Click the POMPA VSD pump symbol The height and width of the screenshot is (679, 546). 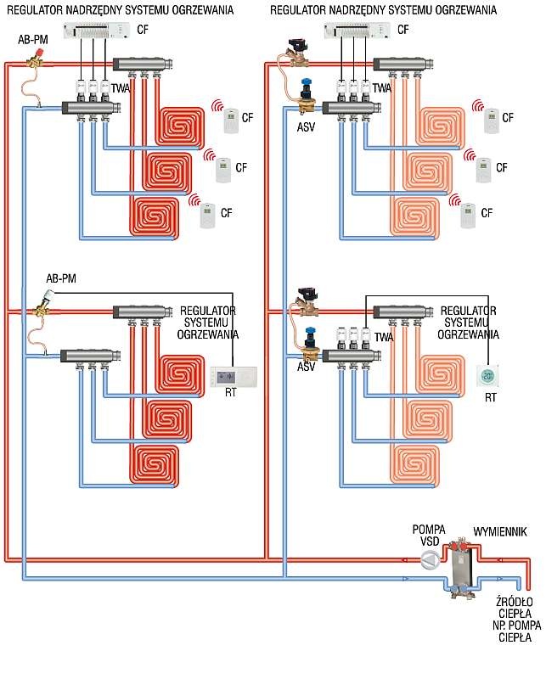(x=430, y=560)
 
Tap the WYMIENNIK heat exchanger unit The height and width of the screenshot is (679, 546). (x=460, y=569)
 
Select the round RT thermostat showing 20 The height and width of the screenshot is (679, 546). (x=487, y=376)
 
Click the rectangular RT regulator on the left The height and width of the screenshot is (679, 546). (x=234, y=377)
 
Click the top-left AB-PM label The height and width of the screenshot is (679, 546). (x=33, y=40)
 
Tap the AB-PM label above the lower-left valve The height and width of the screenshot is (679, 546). (x=61, y=278)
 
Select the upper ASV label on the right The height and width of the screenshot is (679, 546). (x=306, y=127)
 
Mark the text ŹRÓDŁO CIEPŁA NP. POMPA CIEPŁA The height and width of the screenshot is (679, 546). (x=515, y=620)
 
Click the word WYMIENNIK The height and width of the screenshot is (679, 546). (x=500, y=532)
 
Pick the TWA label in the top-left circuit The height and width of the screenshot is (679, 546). (x=121, y=88)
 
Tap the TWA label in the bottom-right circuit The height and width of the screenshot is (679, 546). (x=384, y=337)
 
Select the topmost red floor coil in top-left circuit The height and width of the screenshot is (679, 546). (x=180, y=126)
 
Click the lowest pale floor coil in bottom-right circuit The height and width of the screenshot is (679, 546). (x=414, y=464)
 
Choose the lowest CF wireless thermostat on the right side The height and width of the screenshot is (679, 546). (x=467, y=216)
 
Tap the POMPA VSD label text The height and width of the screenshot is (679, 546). (x=429, y=536)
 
